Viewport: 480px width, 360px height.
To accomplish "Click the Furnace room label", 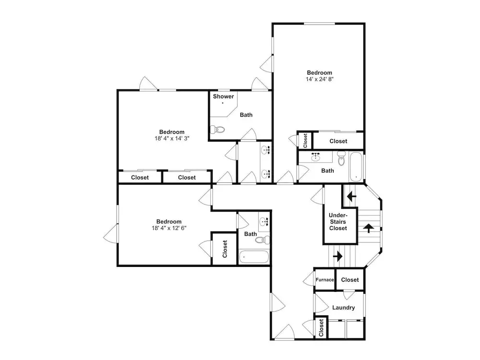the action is (325, 279).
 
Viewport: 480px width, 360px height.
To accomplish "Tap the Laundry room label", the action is (344, 308).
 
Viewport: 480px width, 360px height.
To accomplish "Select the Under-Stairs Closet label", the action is (338, 222).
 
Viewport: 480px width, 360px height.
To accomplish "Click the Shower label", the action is (224, 96).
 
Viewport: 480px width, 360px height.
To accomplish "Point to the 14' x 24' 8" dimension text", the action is (320, 79).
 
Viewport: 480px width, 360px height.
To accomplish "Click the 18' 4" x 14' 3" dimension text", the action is (172, 138).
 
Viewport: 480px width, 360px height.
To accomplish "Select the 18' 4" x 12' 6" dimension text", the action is (169, 228).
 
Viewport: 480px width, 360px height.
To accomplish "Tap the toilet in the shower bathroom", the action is (217, 130).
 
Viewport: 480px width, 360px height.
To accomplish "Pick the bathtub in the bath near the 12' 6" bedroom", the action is (254, 257).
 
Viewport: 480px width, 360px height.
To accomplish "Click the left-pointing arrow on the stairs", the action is (351, 196).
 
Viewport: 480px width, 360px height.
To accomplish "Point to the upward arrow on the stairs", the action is (369, 228).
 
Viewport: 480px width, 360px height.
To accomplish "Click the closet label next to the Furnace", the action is (350, 279).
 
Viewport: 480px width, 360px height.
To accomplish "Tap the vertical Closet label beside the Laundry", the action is (321, 328).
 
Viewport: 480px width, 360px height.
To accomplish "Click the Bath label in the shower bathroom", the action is (246, 115).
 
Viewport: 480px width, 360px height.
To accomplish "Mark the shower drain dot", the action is (223, 103).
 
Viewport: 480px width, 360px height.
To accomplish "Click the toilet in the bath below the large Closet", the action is (341, 158).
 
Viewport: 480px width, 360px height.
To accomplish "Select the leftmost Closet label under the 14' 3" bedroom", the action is (140, 177).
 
